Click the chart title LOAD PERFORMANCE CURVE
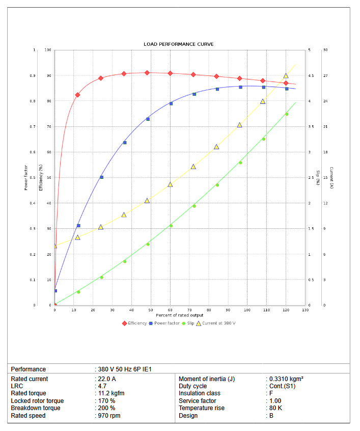(178, 44)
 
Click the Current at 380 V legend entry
(216, 323)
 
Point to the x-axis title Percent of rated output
(180, 315)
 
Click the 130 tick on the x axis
(304, 310)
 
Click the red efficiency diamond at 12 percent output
(78, 95)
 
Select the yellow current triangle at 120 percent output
(286, 76)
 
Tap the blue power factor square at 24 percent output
(101, 177)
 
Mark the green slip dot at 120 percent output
(287, 114)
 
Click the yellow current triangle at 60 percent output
(170, 184)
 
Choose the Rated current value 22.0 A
(107, 379)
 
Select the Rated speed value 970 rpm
(109, 416)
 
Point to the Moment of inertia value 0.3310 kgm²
(287, 379)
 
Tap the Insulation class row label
(199, 393)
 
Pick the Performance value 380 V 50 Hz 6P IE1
(125, 369)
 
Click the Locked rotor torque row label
(37, 401)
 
